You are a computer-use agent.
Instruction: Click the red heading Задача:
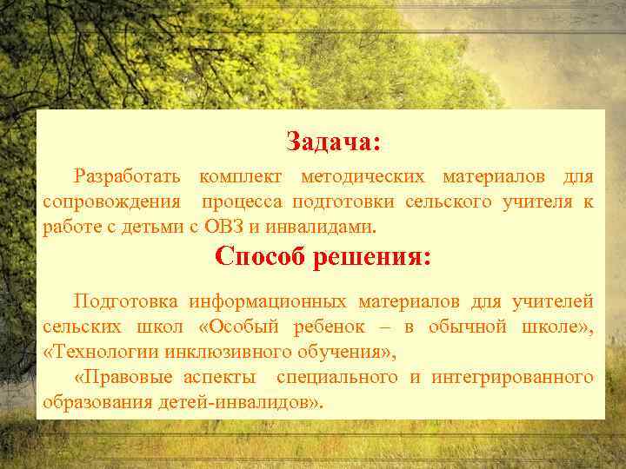[333, 141]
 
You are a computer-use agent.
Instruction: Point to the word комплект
[240, 177]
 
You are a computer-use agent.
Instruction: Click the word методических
[363, 177]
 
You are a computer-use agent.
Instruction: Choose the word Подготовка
[126, 301]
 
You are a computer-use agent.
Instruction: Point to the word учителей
[556, 301]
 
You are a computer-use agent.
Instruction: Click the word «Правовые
[124, 377]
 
